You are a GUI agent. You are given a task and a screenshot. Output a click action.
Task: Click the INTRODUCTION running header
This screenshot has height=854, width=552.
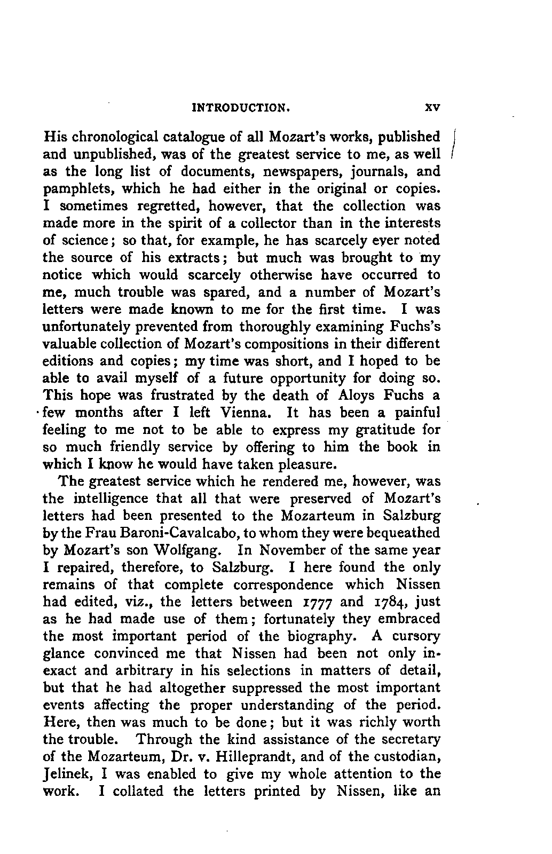[241, 107]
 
